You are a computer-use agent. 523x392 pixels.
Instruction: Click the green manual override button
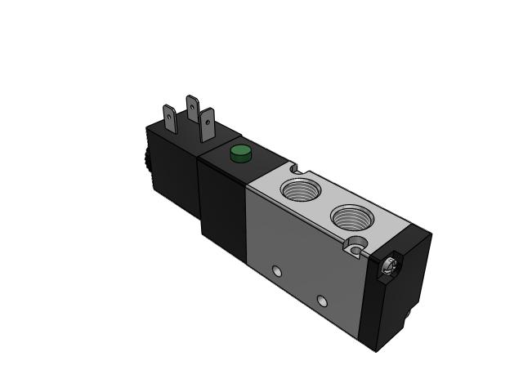(x=239, y=153)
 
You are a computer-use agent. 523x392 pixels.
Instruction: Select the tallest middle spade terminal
(x=192, y=110)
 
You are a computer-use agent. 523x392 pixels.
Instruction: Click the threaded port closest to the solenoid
(x=297, y=190)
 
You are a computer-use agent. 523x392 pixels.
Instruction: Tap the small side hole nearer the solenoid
(x=276, y=270)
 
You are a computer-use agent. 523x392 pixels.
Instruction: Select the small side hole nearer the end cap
(x=323, y=302)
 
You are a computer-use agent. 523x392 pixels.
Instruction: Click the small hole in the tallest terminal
(x=192, y=105)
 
